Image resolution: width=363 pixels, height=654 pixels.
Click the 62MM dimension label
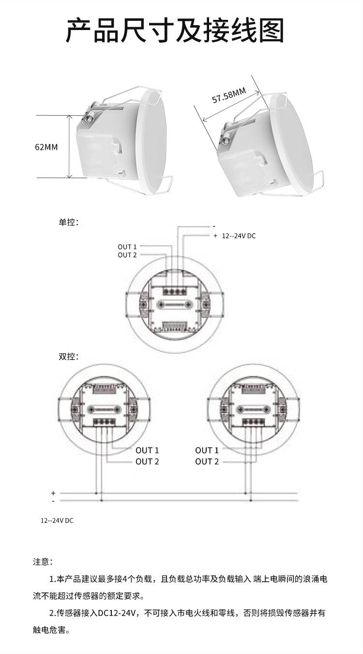[x=46, y=147]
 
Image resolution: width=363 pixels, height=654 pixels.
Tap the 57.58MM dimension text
[x=229, y=95]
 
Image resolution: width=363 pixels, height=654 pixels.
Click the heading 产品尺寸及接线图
[x=175, y=31]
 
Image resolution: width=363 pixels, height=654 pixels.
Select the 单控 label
[x=68, y=222]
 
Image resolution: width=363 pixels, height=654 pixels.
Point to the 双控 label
[x=68, y=357]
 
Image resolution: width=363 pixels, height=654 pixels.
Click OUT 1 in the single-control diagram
[x=127, y=247]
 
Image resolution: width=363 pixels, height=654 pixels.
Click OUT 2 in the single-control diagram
[x=127, y=255]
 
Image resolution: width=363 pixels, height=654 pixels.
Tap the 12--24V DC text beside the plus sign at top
[x=239, y=236]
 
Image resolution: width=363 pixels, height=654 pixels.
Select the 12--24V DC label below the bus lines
[x=57, y=521]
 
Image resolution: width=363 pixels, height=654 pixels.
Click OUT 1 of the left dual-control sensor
[x=147, y=451]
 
